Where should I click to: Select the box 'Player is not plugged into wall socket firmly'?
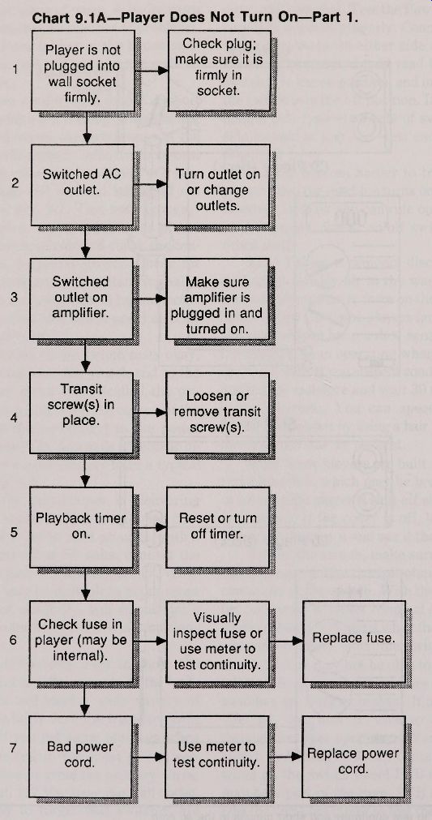(83, 71)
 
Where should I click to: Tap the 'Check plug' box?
(218, 71)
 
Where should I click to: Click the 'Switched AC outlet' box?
(82, 185)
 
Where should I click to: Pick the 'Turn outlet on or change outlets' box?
(218, 185)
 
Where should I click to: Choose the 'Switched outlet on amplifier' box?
(82, 298)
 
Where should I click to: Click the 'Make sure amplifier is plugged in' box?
(217, 298)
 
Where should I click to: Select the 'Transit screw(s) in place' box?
(81, 413)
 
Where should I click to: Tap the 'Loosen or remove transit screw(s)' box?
(217, 413)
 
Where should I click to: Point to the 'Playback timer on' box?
(81, 527)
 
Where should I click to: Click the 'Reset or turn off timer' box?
(217, 527)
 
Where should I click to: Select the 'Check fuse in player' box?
(81, 642)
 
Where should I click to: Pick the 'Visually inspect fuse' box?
(217, 642)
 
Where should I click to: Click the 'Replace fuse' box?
(353, 642)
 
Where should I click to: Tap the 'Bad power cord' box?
(80, 756)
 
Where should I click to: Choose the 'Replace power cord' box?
(353, 756)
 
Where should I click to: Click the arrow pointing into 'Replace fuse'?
(286, 641)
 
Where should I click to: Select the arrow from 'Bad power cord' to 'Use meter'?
(149, 756)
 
